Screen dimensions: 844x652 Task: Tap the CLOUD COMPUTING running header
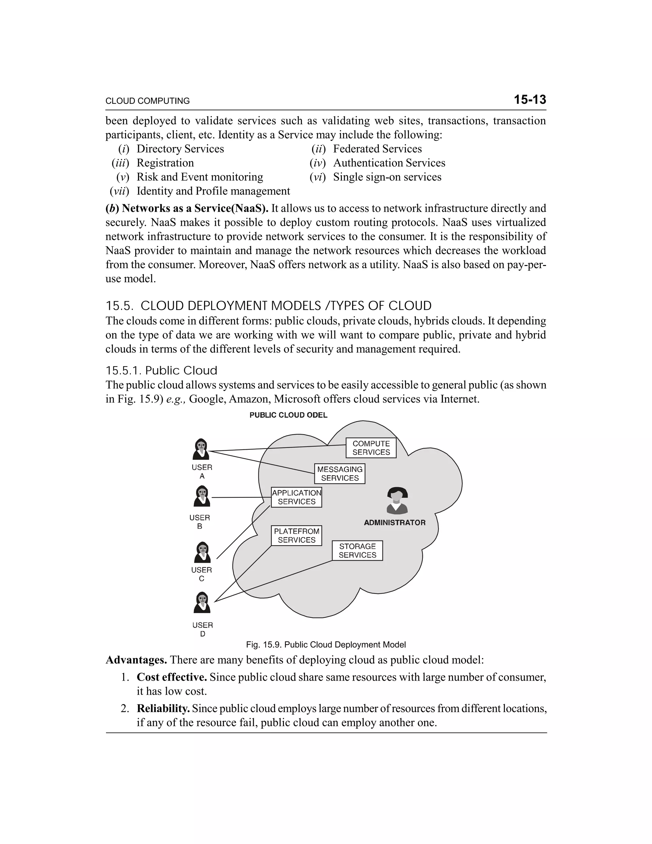[x=147, y=101]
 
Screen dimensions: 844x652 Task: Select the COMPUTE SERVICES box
[x=371, y=448]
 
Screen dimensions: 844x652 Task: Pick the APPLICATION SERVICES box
[x=296, y=497]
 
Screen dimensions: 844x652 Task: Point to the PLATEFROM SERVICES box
[x=296, y=535]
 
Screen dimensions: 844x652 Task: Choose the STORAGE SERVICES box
[x=357, y=550]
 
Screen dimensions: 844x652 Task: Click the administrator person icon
[x=397, y=501]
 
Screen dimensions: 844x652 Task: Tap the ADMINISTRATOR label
[x=394, y=522]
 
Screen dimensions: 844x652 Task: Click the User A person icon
[x=201, y=449]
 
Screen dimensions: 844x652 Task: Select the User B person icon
[x=202, y=496]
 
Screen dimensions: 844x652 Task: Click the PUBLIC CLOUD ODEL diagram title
[x=288, y=415]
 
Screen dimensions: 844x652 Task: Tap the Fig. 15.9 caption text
[x=326, y=645]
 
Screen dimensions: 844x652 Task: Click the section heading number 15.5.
[x=119, y=306]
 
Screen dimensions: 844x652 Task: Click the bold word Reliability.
[x=163, y=708]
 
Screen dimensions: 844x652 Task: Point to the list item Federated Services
[x=377, y=149]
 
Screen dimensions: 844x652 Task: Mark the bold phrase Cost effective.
[x=172, y=677]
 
